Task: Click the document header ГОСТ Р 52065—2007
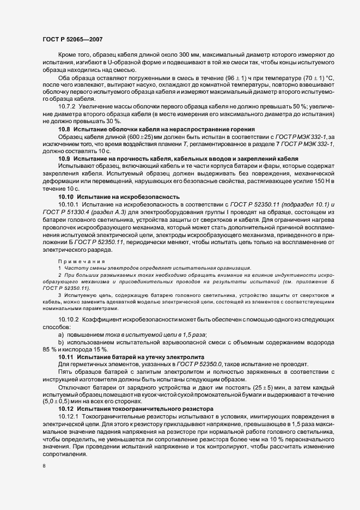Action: tap(73, 40)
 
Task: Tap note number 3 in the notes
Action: tap(59, 295)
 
